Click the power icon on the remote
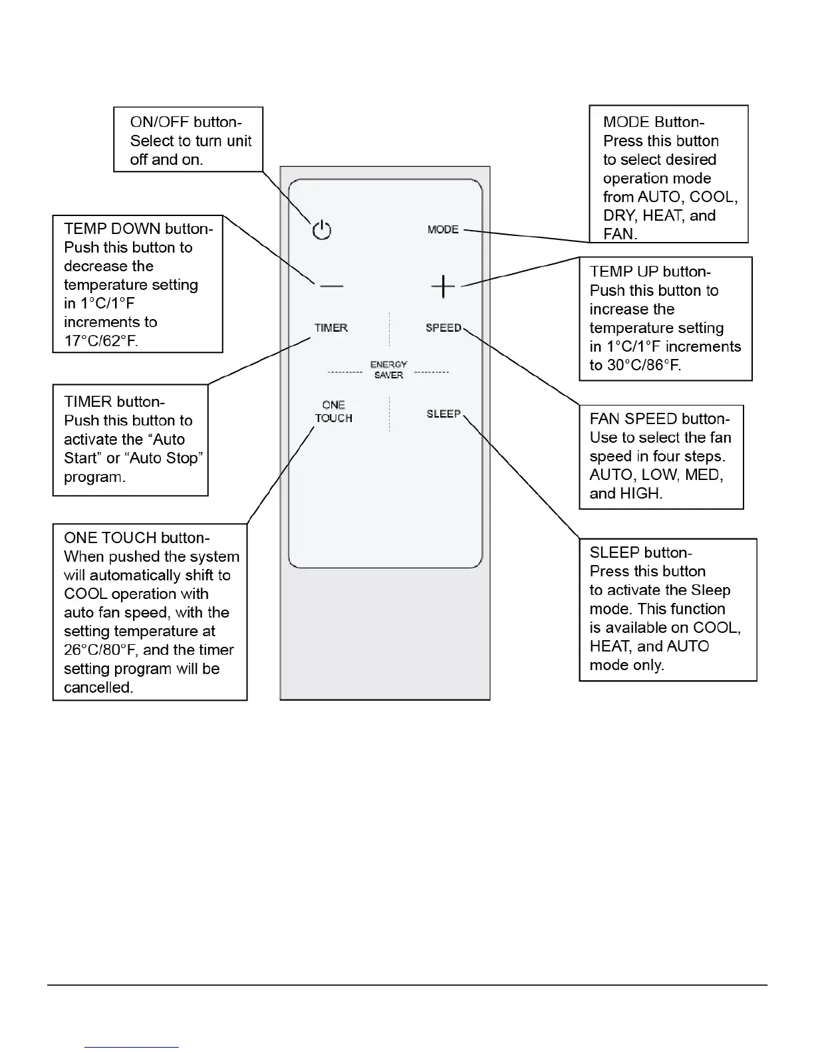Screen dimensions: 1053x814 322,230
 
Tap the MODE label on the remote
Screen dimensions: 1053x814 443,229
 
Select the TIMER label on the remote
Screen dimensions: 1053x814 331,328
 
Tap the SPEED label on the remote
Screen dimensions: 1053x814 444,328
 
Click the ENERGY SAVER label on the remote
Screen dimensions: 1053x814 389,370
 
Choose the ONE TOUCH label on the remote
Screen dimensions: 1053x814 334,411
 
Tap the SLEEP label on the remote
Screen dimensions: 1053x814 444,413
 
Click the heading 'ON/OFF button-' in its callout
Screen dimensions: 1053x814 186,122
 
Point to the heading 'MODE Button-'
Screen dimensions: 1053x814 654,122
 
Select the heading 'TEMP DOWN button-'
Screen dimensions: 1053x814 138,229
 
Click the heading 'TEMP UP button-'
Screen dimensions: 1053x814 650,272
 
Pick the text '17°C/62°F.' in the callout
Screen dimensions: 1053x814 101,341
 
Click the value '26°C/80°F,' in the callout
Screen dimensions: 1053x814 102,650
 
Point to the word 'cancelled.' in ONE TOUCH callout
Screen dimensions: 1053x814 98,687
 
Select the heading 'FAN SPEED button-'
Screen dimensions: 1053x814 660,419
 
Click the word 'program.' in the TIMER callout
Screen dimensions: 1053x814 94,477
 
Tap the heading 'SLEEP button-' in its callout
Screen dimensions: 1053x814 641,552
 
